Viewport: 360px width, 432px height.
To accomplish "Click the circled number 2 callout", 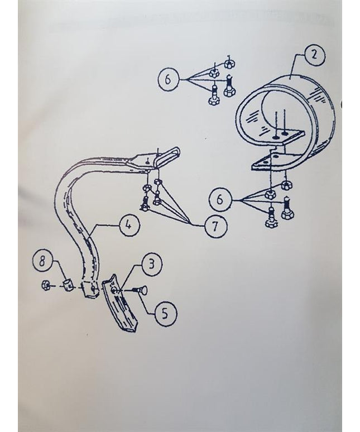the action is (314, 56).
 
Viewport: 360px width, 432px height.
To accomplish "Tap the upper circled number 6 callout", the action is (168, 79).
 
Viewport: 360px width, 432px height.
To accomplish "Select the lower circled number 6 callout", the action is (219, 199).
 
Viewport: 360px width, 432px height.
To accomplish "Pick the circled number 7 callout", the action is (216, 227).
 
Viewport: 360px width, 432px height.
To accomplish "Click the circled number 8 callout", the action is (42, 261).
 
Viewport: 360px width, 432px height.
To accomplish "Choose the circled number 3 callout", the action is (151, 264).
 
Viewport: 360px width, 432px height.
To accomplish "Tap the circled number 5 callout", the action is (166, 313).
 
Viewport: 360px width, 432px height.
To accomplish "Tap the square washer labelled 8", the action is (68, 284).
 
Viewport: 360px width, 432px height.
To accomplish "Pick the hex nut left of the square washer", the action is (45, 285).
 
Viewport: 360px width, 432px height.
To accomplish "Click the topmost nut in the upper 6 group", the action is (229, 64).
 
